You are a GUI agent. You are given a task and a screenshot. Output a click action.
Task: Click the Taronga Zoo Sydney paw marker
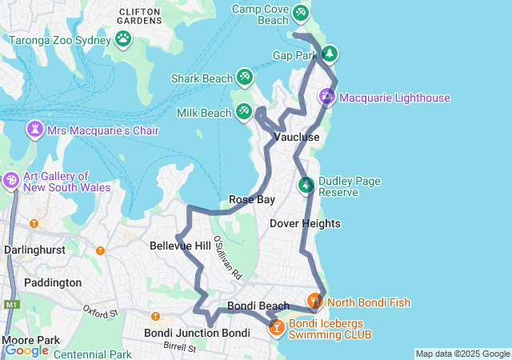pyautogui.click(x=123, y=38)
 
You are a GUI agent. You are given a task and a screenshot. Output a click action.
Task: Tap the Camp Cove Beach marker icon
pyautogui.click(x=300, y=13)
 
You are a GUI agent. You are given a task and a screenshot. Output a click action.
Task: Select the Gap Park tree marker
pyautogui.click(x=329, y=54)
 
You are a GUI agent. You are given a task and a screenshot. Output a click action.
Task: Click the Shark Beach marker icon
pyautogui.click(x=245, y=78)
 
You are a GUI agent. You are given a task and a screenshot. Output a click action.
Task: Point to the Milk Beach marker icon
pyautogui.click(x=244, y=112)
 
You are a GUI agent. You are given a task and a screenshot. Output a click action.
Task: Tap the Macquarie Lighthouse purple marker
pyautogui.click(x=327, y=97)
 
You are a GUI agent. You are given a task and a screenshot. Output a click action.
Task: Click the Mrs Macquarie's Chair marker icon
pyautogui.click(x=35, y=130)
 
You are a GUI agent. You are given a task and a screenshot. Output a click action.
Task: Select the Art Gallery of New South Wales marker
pyautogui.click(x=11, y=181)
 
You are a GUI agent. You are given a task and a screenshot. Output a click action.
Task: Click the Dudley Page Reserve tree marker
pyautogui.click(x=306, y=186)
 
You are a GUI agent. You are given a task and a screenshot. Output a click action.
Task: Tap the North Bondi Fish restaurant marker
pyautogui.click(x=314, y=302)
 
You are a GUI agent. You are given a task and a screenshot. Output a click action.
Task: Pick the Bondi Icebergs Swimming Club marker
pyautogui.click(x=276, y=326)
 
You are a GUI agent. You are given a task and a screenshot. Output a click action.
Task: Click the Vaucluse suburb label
pyautogui.click(x=297, y=138)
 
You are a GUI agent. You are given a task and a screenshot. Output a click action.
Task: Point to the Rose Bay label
pyautogui.click(x=252, y=199)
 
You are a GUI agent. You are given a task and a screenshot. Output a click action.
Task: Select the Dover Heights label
pyautogui.click(x=305, y=223)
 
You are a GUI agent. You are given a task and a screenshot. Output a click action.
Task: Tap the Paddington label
pyautogui.click(x=53, y=282)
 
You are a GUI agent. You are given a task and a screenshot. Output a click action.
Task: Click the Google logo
pyautogui.click(x=26, y=350)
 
